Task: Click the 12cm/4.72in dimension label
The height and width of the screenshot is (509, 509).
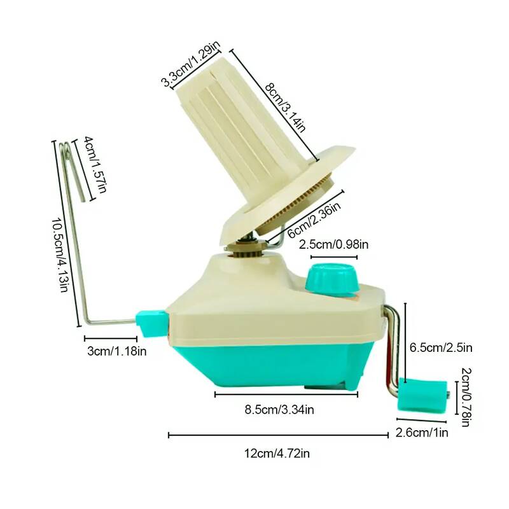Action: (x=277, y=453)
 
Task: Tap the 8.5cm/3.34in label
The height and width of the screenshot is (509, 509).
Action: (x=279, y=410)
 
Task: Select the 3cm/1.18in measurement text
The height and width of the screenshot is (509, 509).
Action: (x=116, y=351)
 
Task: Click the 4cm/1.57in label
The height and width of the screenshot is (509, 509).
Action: (x=95, y=165)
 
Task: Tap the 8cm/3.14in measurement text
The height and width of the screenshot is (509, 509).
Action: (x=285, y=108)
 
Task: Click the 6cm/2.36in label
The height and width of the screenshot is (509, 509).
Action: (x=314, y=220)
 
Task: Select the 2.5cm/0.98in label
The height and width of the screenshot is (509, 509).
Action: (x=333, y=244)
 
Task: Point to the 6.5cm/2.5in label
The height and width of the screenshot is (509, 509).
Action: (x=440, y=347)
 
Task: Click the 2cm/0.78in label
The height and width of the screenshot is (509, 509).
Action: (x=466, y=397)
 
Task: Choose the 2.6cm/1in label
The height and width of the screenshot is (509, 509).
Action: (x=422, y=433)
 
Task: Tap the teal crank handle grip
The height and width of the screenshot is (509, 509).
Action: (x=422, y=395)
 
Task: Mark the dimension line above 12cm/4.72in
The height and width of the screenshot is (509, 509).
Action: (x=278, y=435)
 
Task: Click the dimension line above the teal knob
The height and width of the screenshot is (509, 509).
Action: (x=333, y=257)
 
